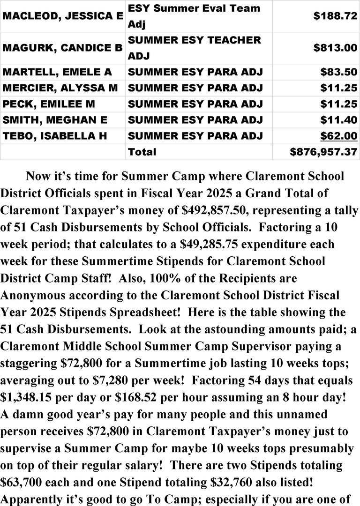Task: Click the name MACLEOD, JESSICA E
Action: [63, 15]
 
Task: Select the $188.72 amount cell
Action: [335, 15]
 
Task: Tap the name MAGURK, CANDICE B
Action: [63, 48]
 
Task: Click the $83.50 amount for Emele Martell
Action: [338, 72]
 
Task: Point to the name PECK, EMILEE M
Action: [42, 104]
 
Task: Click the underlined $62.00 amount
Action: [338, 136]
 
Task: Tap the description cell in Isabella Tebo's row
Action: [195, 136]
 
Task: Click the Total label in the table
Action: [142, 152]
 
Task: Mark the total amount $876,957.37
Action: [323, 152]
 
